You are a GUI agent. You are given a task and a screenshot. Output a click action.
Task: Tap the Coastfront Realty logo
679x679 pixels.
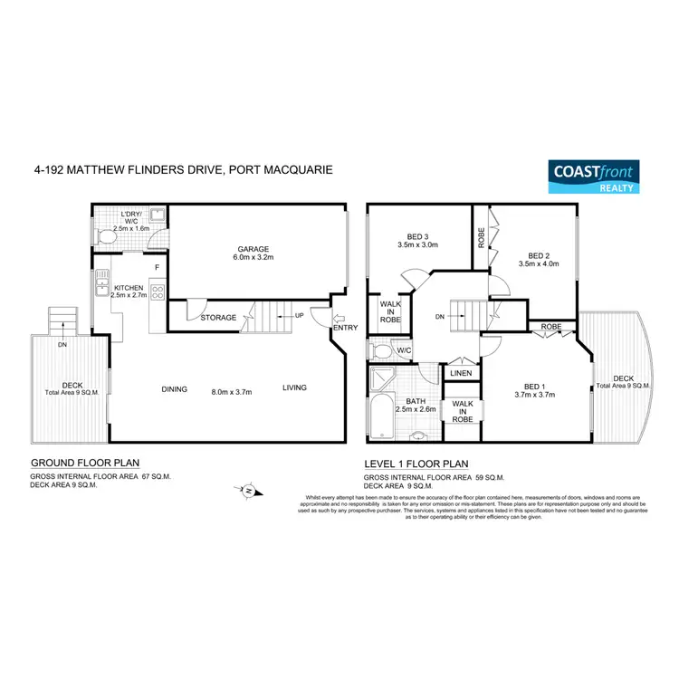(x=595, y=177)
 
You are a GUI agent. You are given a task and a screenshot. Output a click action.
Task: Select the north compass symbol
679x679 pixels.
(x=248, y=490)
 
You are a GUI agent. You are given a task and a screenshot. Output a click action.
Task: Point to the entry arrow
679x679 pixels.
(x=339, y=316)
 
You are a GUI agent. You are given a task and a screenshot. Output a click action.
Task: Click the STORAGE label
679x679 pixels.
(x=219, y=318)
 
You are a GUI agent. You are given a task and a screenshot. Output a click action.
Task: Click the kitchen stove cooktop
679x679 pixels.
(x=157, y=292)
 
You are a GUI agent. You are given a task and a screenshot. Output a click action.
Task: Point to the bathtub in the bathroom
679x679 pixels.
(x=380, y=415)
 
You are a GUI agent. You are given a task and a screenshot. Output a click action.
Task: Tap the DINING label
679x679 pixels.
(x=174, y=389)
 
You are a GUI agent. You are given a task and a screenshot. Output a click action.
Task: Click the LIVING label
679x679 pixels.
(x=294, y=387)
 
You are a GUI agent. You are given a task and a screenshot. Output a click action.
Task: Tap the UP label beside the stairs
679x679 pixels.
(x=298, y=316)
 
